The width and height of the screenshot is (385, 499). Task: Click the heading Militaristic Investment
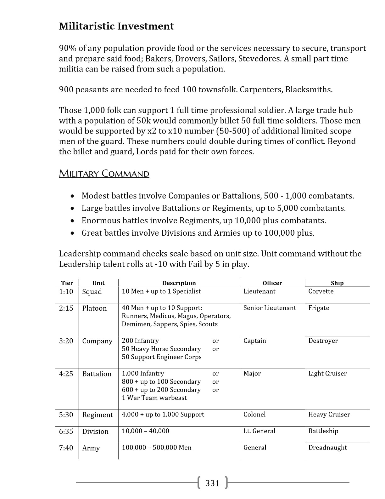point(116,26)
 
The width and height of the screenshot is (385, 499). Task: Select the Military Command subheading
point(104,174)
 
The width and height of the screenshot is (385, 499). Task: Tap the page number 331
point(212,483)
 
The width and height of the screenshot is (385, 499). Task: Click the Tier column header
point(67,283)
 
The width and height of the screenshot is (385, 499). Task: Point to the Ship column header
point(337,283)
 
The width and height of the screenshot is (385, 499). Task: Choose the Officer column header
point(272,283)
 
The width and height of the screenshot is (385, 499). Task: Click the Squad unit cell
point(92,292)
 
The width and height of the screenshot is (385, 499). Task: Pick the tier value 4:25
point(66,374)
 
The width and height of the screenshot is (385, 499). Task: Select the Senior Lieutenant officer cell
point(270,308)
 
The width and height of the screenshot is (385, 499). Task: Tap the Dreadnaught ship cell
point(327,448)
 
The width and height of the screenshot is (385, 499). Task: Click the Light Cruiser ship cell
point(327,374)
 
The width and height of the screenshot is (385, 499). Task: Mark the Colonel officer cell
point(254,415)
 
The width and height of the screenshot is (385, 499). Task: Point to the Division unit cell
point(95,431)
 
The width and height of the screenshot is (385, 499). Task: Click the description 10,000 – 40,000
point(145,431)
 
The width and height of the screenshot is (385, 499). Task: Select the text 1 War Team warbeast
point(154,398)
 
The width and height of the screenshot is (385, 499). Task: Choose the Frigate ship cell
point(319,308)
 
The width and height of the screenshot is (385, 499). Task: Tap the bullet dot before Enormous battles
point(73,221)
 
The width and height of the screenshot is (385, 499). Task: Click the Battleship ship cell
point(323,431)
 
